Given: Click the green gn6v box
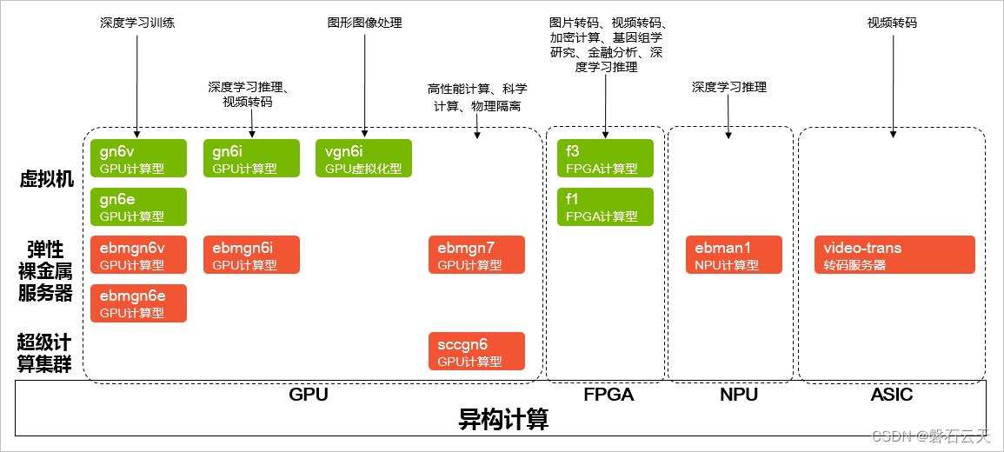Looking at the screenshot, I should pos(139,158).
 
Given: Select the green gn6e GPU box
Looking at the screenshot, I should pos(139,207).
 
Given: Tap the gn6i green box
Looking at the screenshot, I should pos(251,158).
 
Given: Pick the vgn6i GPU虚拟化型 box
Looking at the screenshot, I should pos(363,158).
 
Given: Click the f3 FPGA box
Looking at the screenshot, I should pos(605,158).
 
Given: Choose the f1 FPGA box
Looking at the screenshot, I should pos(605,207).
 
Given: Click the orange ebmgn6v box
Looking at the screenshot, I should pos(139,255).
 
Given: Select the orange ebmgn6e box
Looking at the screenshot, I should pos(139,303).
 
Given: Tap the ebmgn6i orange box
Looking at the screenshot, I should pos(251,255).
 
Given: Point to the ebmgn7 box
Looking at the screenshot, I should pos(476,255).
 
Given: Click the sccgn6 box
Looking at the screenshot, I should pos(476,351).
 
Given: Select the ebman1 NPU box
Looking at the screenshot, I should pos(734,255).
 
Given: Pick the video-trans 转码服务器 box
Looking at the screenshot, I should pos(894,255).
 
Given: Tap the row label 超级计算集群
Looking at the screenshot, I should pos(43,353).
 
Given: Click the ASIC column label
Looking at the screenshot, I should pos(892,395).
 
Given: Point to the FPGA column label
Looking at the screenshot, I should pos(608,395).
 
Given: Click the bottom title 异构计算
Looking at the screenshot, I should pos(503,421).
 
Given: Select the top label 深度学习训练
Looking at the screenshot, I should pos(137,23).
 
